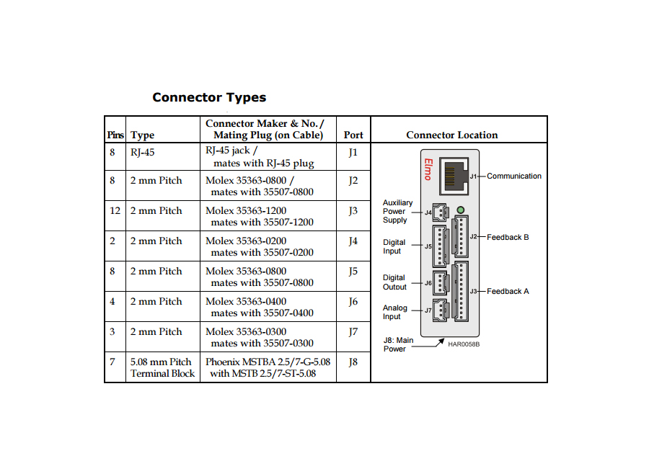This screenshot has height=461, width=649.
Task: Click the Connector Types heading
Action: click(209, 97)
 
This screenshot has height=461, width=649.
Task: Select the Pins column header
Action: click(115, 135)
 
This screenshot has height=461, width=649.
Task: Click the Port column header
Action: click(353, 135)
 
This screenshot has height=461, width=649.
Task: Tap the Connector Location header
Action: click(452, 135)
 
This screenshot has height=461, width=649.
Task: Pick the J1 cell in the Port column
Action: click(353, 152)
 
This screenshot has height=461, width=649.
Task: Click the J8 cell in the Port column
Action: click(353, 362)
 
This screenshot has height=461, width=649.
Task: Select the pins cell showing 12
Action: click(115, 211)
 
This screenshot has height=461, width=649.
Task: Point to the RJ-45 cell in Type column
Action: click(143, 152)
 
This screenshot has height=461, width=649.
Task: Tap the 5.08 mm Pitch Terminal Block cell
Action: click(162, 367)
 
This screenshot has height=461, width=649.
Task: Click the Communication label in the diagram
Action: click(514, 176)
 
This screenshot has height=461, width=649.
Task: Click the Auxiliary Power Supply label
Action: click(397, 211)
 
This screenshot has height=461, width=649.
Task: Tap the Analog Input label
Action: click(395, 312)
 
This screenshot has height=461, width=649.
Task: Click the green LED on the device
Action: click(462, 210)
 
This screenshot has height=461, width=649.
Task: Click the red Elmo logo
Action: click(428, 170)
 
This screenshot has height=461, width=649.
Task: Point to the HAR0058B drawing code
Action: click(464, 344)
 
